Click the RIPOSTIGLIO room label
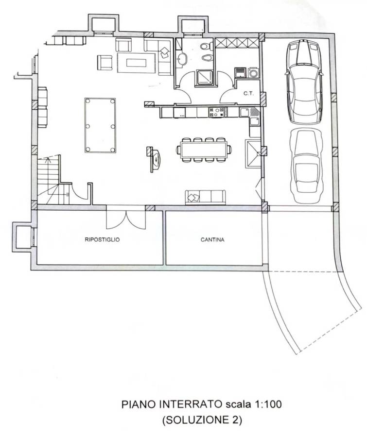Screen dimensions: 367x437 point(102,239)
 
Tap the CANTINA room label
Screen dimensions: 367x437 point(212,239)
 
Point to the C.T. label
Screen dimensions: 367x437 point(248,94)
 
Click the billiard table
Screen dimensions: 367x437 point(100,125)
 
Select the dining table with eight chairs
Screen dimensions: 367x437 point(204,150)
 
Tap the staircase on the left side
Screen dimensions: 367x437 point(53,180)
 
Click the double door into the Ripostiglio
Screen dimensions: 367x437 point(126,217)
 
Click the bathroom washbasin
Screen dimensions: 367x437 point(182,59)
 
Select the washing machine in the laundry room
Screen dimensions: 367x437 point(253,72)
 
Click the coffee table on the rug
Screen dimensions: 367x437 point(137,63)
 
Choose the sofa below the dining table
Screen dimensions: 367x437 point(205,197)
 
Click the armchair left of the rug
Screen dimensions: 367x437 point(105,63)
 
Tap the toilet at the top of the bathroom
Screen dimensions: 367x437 point(207,46)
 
